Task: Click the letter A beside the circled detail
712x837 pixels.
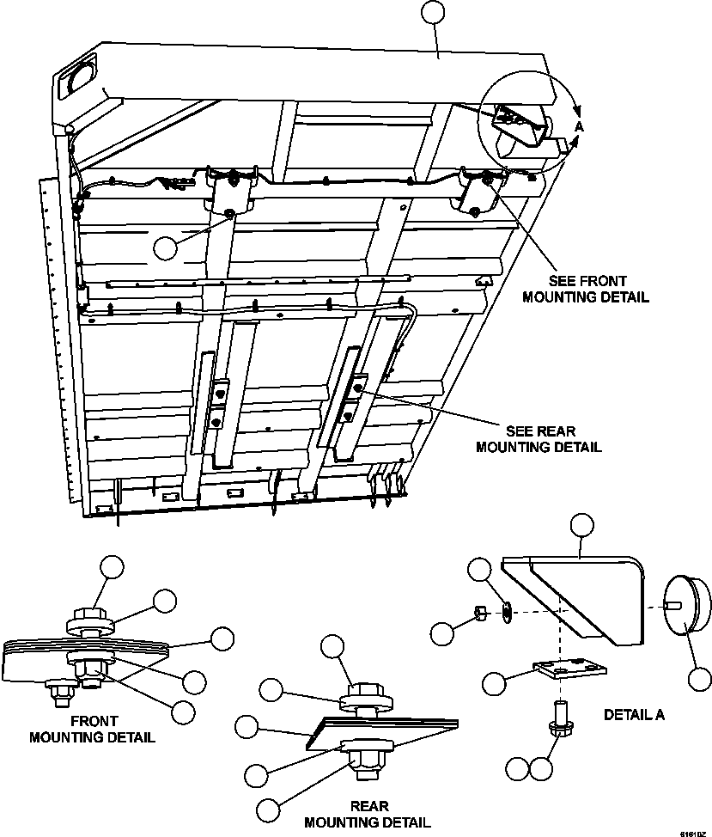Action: (579, 126)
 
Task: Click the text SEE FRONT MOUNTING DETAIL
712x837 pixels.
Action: (599, 289)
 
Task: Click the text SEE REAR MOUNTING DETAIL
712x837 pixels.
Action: (539, 439)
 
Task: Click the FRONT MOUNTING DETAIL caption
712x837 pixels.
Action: (93, 730)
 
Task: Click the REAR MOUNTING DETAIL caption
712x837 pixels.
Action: (368, 814)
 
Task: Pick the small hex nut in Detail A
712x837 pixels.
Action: (482, 613)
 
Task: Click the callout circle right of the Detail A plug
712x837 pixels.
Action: (700, 678)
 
